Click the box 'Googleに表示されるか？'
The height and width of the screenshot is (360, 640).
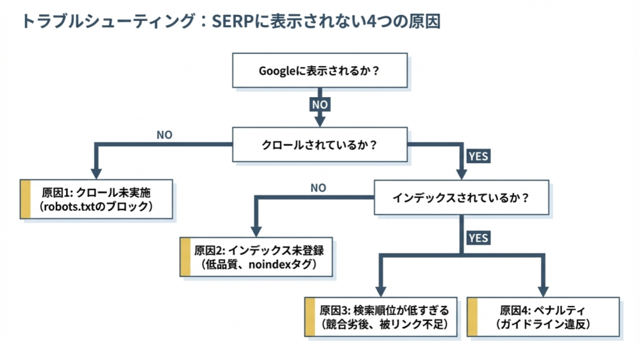tap(320, 71)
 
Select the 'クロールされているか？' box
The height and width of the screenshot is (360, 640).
tap(320, 145)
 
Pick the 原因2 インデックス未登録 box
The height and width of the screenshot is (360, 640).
tap(256, 257)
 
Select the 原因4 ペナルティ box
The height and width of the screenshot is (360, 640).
tap(543, 317)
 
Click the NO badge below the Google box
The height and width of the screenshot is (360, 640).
tap(320, 104)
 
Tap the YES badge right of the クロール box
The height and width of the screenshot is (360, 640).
tap(478, 156)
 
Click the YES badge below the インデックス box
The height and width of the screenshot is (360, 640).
tap(478, 238)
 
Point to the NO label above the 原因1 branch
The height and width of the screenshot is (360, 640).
tap(164, 135)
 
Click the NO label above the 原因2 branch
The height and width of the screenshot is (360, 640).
tap(318, 188)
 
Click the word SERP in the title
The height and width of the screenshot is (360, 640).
tap(234, 22)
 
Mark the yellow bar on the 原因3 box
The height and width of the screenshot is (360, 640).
tap(310, 317)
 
